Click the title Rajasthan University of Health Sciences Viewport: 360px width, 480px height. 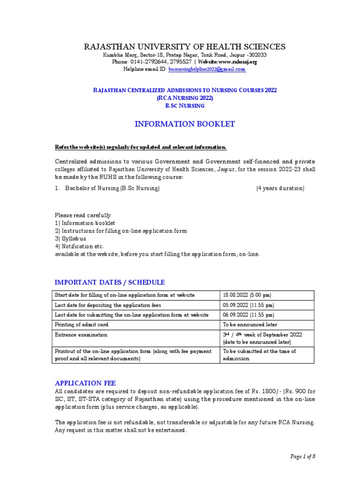[x=184, y=46]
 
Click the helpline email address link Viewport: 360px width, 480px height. [x=207, y=69]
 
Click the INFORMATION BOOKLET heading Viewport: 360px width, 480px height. [x=184, y=124]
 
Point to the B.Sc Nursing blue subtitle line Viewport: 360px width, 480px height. [x=184, y=105]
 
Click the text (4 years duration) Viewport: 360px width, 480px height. [x=280, y=188]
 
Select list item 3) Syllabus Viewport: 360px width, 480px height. [x=71, y=239]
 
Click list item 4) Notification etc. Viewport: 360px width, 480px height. [x=80, y=246]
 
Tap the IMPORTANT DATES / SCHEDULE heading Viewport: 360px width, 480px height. [x=110, y=282]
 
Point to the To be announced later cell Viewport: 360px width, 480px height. [x=250, y=324]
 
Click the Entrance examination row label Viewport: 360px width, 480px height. [x=81, y=335]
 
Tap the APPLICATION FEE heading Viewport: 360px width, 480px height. [x=85, y=382]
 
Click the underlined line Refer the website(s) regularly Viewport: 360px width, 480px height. [x=141, y=148]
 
